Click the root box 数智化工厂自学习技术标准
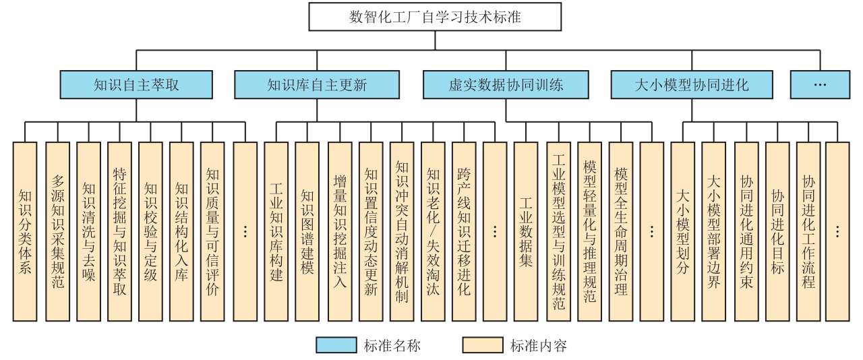[435, 17]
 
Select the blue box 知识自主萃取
[136, 84]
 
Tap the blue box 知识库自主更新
[317, 84]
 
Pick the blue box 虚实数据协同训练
[506, 84]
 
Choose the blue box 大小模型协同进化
[692, 84]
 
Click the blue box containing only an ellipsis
[820, 84]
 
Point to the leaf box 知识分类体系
[25, 231]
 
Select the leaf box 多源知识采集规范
[58, 231]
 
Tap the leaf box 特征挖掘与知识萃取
[119, 231]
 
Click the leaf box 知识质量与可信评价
[212, 231]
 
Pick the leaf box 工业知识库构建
[276, 231]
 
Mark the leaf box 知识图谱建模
[307, 231]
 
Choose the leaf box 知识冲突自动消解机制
[402, 231]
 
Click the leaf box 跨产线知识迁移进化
[464, 231]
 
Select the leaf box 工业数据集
[526, 231]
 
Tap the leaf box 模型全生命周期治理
[621, 231]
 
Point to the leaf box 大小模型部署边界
[713, 231]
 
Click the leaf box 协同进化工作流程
[808, 231]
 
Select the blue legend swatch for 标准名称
[336, 345]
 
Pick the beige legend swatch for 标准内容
[483, 345]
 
